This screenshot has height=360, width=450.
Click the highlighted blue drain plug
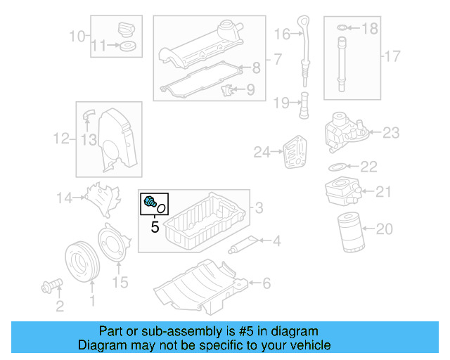150,202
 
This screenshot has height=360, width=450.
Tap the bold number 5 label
155,227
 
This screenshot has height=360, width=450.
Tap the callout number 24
262,151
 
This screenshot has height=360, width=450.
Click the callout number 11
101,46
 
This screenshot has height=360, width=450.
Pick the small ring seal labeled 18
341,29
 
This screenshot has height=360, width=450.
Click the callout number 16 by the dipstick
283,34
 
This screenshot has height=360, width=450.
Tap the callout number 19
282,103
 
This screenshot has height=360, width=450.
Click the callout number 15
121,282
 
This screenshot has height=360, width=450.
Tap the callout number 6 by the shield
266,283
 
